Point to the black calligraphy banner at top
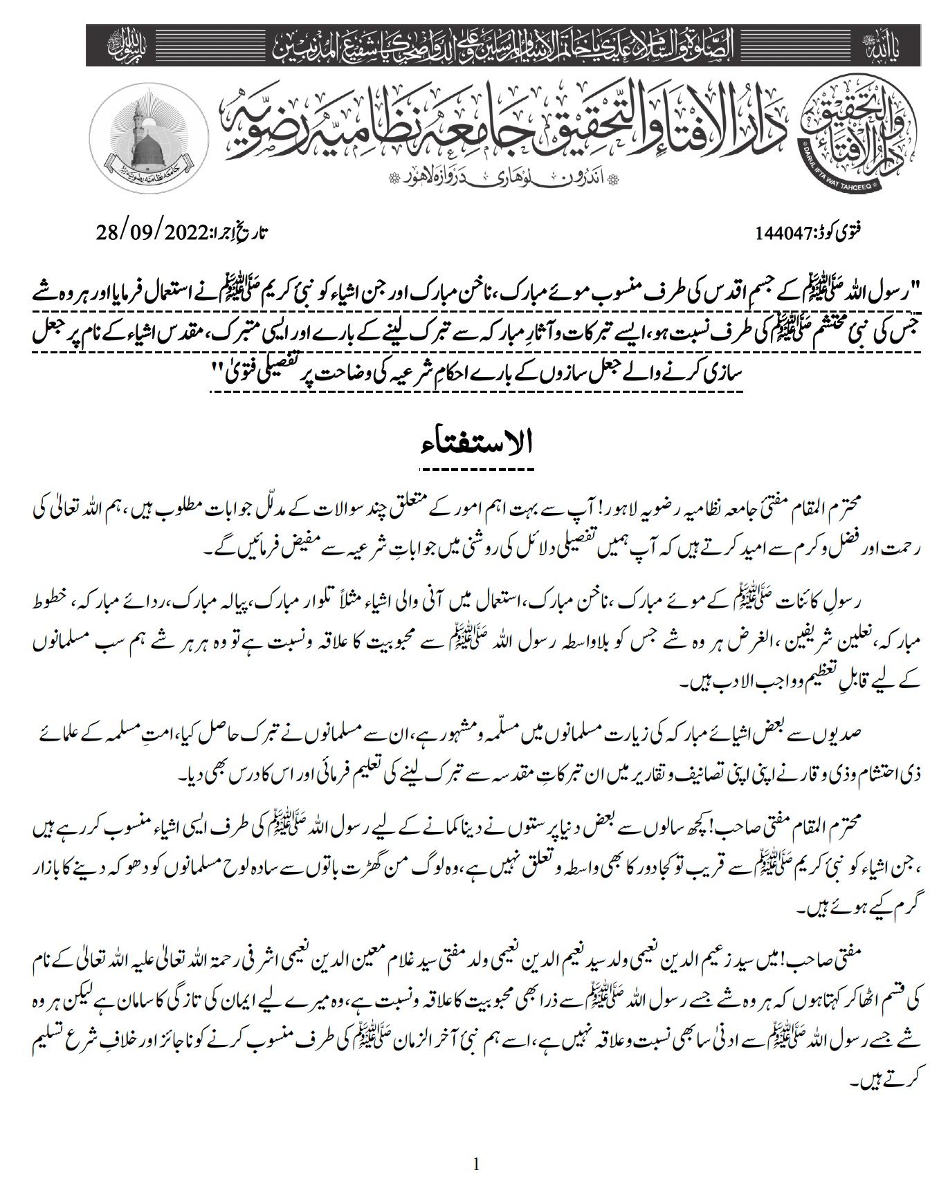click(474, 45)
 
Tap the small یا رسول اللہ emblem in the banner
click(123, 46)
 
